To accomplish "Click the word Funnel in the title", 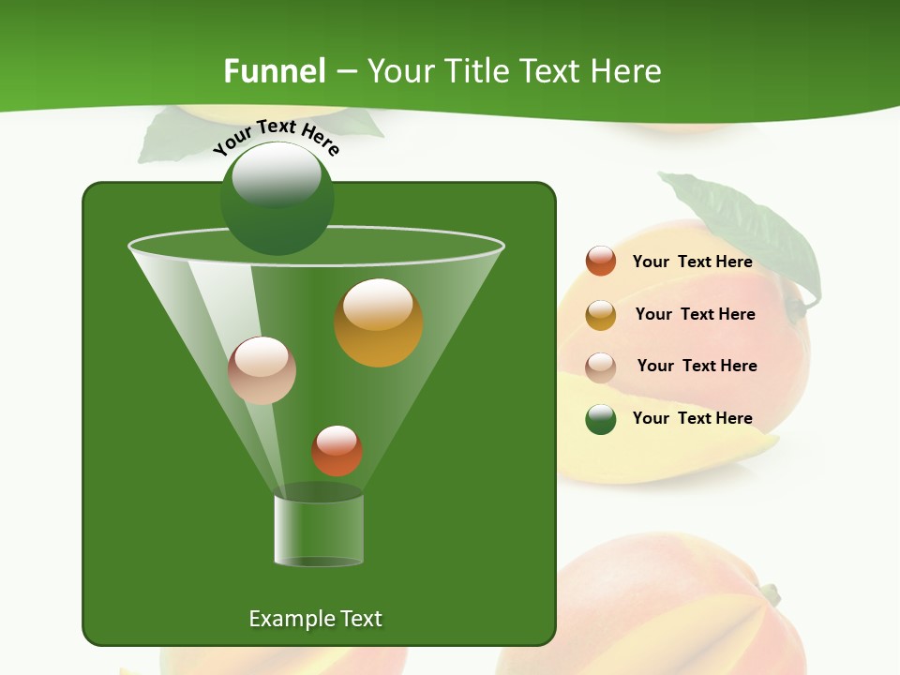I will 274,71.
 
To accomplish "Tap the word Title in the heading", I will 474,71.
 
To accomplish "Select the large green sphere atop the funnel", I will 277,198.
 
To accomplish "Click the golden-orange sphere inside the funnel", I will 378,322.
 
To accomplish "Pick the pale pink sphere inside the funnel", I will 262,370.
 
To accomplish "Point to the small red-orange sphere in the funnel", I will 337,450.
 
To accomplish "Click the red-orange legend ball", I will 601,261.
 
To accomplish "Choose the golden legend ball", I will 601,314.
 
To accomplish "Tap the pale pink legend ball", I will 601,367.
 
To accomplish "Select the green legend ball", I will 601,418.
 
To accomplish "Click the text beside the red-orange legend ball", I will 692,262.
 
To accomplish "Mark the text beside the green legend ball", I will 692,418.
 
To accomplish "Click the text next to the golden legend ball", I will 695,314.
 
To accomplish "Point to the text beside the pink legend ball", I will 697,366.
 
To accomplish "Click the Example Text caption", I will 315,619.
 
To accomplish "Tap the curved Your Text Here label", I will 276,137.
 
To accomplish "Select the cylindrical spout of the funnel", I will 318,530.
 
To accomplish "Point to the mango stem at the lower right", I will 770,592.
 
